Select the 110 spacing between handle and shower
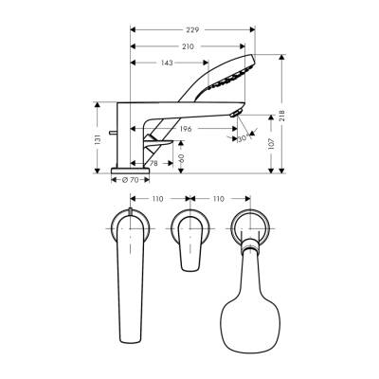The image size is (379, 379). point(219,201)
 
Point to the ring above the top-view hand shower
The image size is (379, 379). point(250,227)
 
